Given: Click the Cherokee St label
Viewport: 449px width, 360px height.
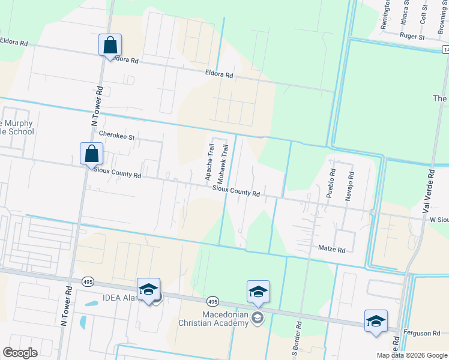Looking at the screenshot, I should tap(118, 136).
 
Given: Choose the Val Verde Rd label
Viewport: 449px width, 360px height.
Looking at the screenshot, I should tap(428, 190).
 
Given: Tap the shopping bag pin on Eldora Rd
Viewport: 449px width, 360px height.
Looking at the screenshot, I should tap(110, 45).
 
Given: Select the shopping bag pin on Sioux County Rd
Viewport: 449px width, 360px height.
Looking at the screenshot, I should tap(91, 154).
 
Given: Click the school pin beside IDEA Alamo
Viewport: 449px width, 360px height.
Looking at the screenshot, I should tap(148, 290).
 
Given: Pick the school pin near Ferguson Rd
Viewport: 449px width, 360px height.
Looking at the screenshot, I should tap(376, 320).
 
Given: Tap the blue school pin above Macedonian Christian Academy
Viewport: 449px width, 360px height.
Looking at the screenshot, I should tap(258, 292).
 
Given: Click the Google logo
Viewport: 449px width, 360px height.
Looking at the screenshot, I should tap(20, 353).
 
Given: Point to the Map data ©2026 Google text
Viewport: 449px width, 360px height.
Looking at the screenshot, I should tap(412, 355).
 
